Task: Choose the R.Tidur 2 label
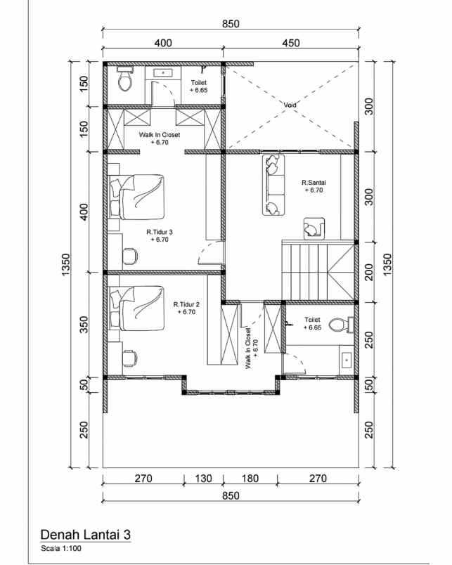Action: coord(187,308)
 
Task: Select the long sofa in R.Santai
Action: coord(273,185)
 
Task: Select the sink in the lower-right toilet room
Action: coord(346,361)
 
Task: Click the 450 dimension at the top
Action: coord(290,44)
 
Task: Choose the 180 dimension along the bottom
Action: coord(250,479)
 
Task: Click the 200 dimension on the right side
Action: coord(368,271)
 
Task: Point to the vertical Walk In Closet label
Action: coord(251,348)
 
